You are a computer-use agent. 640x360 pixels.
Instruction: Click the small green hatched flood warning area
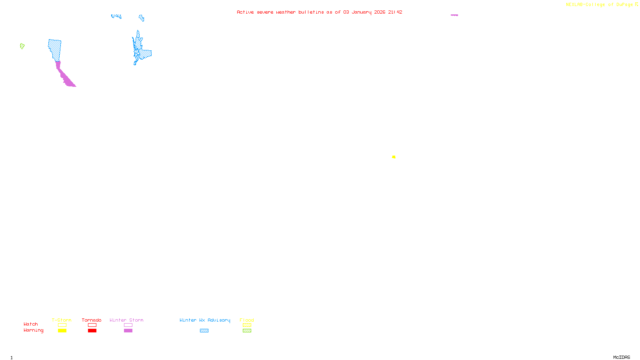click(x=22, y=46)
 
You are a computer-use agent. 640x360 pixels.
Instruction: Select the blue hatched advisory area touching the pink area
click(x=55, y=50)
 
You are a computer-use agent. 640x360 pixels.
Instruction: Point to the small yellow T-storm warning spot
click(x=394, y=157)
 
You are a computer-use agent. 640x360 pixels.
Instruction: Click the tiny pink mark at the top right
click(x=454, y=15)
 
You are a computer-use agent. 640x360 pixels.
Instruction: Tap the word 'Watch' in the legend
click(x=31, y=324)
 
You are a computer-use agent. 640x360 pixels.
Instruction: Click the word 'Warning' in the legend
click(x=33, y=330)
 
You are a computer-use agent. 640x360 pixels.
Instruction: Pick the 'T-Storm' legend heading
click(x=62, y=320)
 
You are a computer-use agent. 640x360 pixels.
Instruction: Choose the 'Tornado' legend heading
click(x=92, y=320)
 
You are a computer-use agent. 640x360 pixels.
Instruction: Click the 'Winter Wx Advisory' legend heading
click(x=205, y=320)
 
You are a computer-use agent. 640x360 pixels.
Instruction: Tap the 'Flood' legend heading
click(x=247, y=320)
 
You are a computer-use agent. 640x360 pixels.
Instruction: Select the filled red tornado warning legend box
click(x=92, y=331)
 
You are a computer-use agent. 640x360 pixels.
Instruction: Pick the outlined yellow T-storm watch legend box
click(x=62, y=325)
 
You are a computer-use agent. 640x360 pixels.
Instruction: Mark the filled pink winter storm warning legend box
click(x=128, y=331)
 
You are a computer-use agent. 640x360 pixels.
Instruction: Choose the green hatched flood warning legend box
click(x=247, y=331)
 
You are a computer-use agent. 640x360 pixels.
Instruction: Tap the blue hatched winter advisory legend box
click(x=204, y=331)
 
